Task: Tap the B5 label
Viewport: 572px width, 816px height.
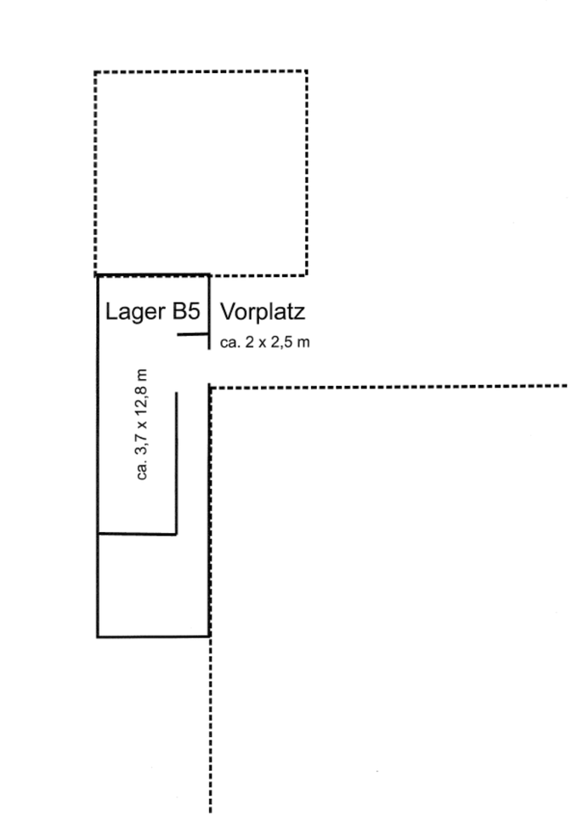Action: (184, 312)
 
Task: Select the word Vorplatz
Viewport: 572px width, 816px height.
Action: (262, 312)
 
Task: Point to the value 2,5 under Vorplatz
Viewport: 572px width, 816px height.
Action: (286, 343)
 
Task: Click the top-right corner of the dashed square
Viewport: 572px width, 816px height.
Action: (306, 71)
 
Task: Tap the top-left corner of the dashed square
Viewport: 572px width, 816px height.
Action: (95, 71)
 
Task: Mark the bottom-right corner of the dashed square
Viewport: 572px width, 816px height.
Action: (306, 275)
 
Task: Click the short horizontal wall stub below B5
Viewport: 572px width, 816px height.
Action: (193, 336)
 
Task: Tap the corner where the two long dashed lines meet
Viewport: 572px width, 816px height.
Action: (210, 388)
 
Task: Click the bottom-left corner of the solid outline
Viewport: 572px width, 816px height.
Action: (98, 635)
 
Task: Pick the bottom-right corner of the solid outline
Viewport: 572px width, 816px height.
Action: (209, 635)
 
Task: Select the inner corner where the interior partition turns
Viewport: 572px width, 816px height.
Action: (176, 534)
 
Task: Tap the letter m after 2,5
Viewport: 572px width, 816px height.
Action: (305, 343)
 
